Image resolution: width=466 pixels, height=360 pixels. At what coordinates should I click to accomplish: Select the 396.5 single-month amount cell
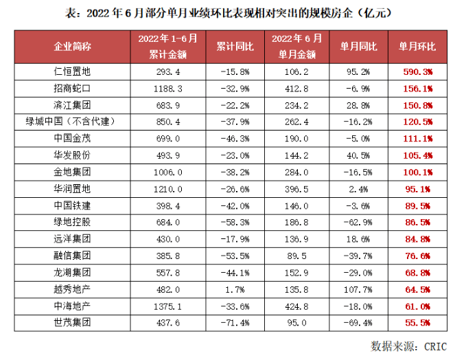click(x=292, y=189)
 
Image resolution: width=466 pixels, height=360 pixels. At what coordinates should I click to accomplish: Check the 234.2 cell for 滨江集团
click(x=292, y=104)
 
